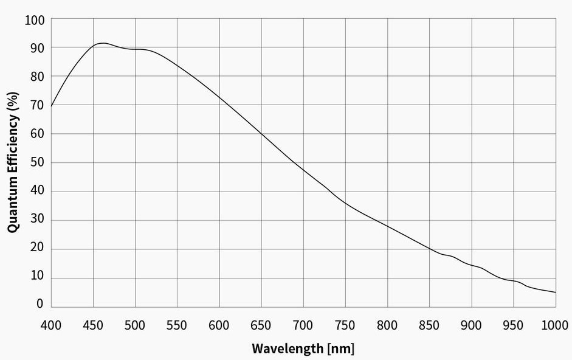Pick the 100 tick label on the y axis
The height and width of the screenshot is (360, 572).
coord(35,19)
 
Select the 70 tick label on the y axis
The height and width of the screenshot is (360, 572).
coord(38,105)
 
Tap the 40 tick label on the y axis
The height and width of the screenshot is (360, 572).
coord(38,192)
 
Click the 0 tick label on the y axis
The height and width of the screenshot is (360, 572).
coord(40,304)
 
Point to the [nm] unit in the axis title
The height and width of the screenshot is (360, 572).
coord(340,349)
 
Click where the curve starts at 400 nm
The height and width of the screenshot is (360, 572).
coord(51,106)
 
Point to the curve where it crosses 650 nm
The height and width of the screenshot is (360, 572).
coord(261,133)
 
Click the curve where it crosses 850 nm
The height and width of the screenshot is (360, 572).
coord(430,249)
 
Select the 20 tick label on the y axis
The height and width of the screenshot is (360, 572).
coord(38,249)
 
